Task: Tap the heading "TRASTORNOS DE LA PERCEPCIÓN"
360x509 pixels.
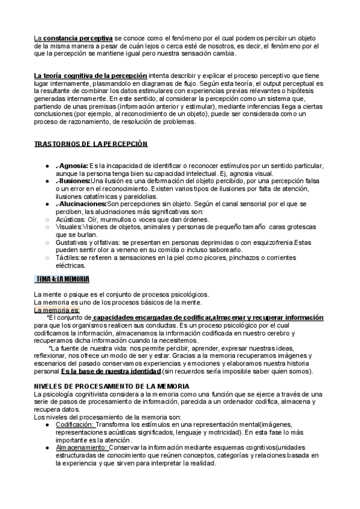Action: (91, 145)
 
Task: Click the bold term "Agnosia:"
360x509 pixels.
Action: (73, 166)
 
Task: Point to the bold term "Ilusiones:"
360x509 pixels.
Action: (73, 180)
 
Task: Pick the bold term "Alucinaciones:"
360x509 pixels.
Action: (81, 203)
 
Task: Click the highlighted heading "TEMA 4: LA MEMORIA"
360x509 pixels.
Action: (62, 279)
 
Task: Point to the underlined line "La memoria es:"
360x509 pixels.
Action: (56, 310)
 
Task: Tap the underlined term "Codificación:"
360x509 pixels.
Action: (74, 424)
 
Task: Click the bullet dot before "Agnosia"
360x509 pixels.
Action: (47, 166)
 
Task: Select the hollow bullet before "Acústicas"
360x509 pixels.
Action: (47, 220)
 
